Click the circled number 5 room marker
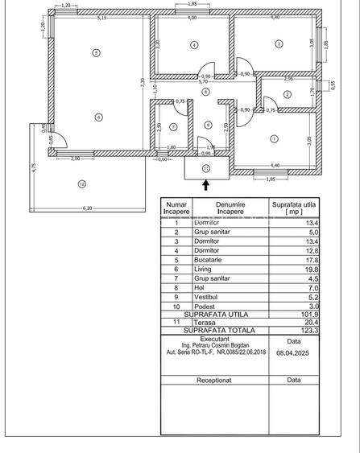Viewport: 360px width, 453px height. (x=97, y=53)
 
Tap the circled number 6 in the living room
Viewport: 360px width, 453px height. (x=98, y=117)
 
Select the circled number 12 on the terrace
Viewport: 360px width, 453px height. (x=81, y=184)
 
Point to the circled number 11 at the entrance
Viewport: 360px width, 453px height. (x=206, y=168)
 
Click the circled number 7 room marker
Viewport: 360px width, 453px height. (x=174, y=114)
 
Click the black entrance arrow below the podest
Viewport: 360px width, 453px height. (x=206, y=185)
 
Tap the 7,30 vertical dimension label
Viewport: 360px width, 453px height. (x=142, y=81)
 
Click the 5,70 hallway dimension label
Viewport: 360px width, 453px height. (x=204, y=81)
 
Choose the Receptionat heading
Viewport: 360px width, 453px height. (x=213, y=378)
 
